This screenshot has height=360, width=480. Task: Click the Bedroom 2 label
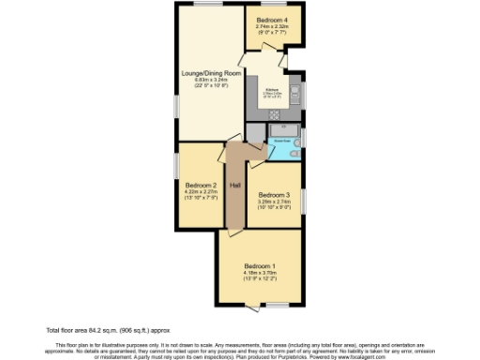tap(201, 185)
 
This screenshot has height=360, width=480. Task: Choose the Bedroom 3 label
tap(275, 194)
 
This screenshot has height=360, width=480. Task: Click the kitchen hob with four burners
tap(275, 115)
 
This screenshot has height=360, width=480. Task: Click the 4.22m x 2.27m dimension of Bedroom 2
tap(201, 192)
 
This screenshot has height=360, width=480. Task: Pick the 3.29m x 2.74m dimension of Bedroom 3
tap(275, 202)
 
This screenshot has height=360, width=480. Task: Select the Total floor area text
tap(97, 330)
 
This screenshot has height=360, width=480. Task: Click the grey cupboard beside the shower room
tap(256, 137)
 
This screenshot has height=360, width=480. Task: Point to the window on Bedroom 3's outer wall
tap(302, 201)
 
